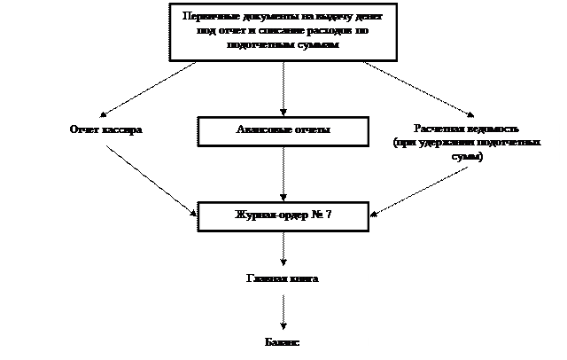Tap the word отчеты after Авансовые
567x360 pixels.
pos(311,130)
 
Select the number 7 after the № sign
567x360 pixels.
pos(328,215)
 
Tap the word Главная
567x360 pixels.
pos(266,278)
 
